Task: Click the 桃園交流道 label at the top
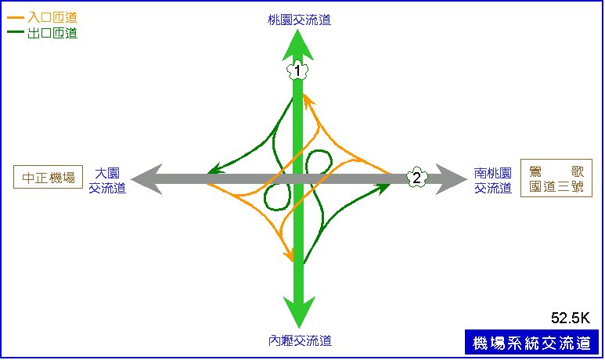pos(300,20)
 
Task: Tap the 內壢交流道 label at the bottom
pos(300,340)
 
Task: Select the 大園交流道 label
pos(107,180)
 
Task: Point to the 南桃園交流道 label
pos(493,180)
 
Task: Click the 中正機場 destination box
pos(49,177)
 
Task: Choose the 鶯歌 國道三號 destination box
pos(556,178)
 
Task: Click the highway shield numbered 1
pos(297,70)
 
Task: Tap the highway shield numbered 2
pos(416,178)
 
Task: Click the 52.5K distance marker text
pos(571,318)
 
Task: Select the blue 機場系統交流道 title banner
pos(531,342)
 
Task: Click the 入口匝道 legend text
pos(52,17)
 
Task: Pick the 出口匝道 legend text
pos(52,33)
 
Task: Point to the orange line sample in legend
pos(16,17)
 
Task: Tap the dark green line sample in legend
pos(16,31)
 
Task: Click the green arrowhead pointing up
pos(297,45)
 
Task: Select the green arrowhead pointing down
pos(299,311)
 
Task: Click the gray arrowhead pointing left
pos(146,179)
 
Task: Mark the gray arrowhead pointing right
pos(452,179)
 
